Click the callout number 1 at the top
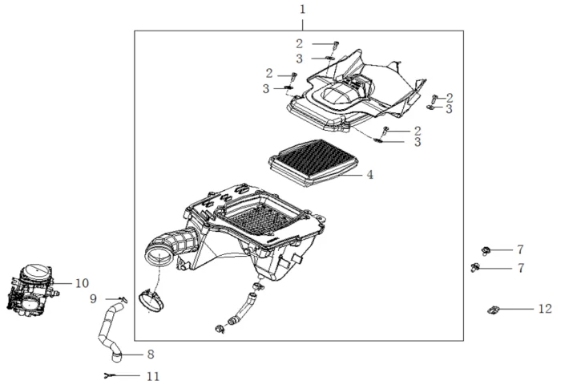pyautogui.click(x=302, y=10)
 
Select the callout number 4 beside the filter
pyautogui.click(x=370, y=174)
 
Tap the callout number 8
pyautogui.click(x=150, y=354)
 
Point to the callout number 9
pyautogui.click(x=93, y=298)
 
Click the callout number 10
pyautogui.click(x=83, y=283)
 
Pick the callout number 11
pyautogui.click(x=152, y=375)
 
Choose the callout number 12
pyautogui.click(x=545, y=308)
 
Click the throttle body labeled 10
pyautogui.click(x=34, y=292)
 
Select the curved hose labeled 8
pyautogui.click(x=109, y=329)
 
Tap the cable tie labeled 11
pyautogui.click(x=111, y=374)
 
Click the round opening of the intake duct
pyautogui.click(x=158, y=257)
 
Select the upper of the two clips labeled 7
pyautogui.click(x=486, y=250)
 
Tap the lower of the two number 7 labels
pyautogui.click(x=520, y=268)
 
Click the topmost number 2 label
pyautogui.click(x=299, y=43)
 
